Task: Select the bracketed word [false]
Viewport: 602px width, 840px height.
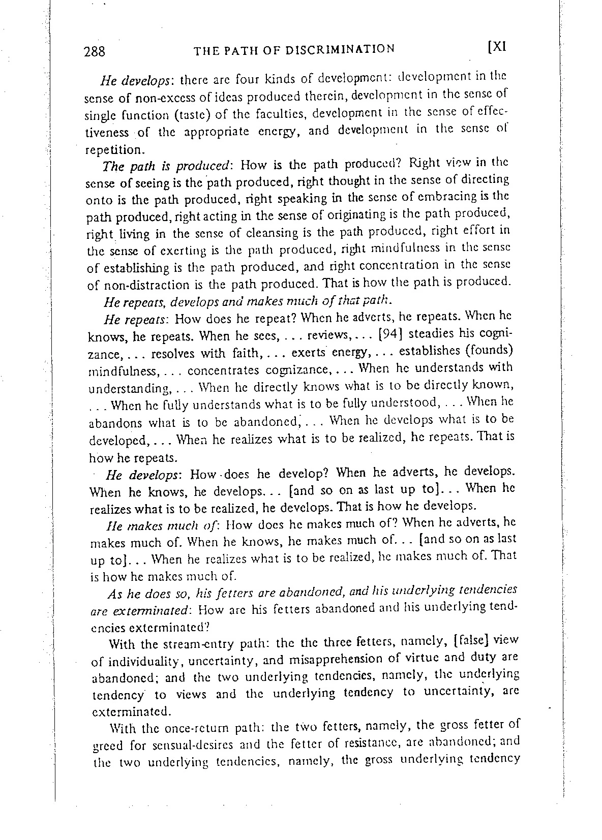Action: (467, 641)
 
